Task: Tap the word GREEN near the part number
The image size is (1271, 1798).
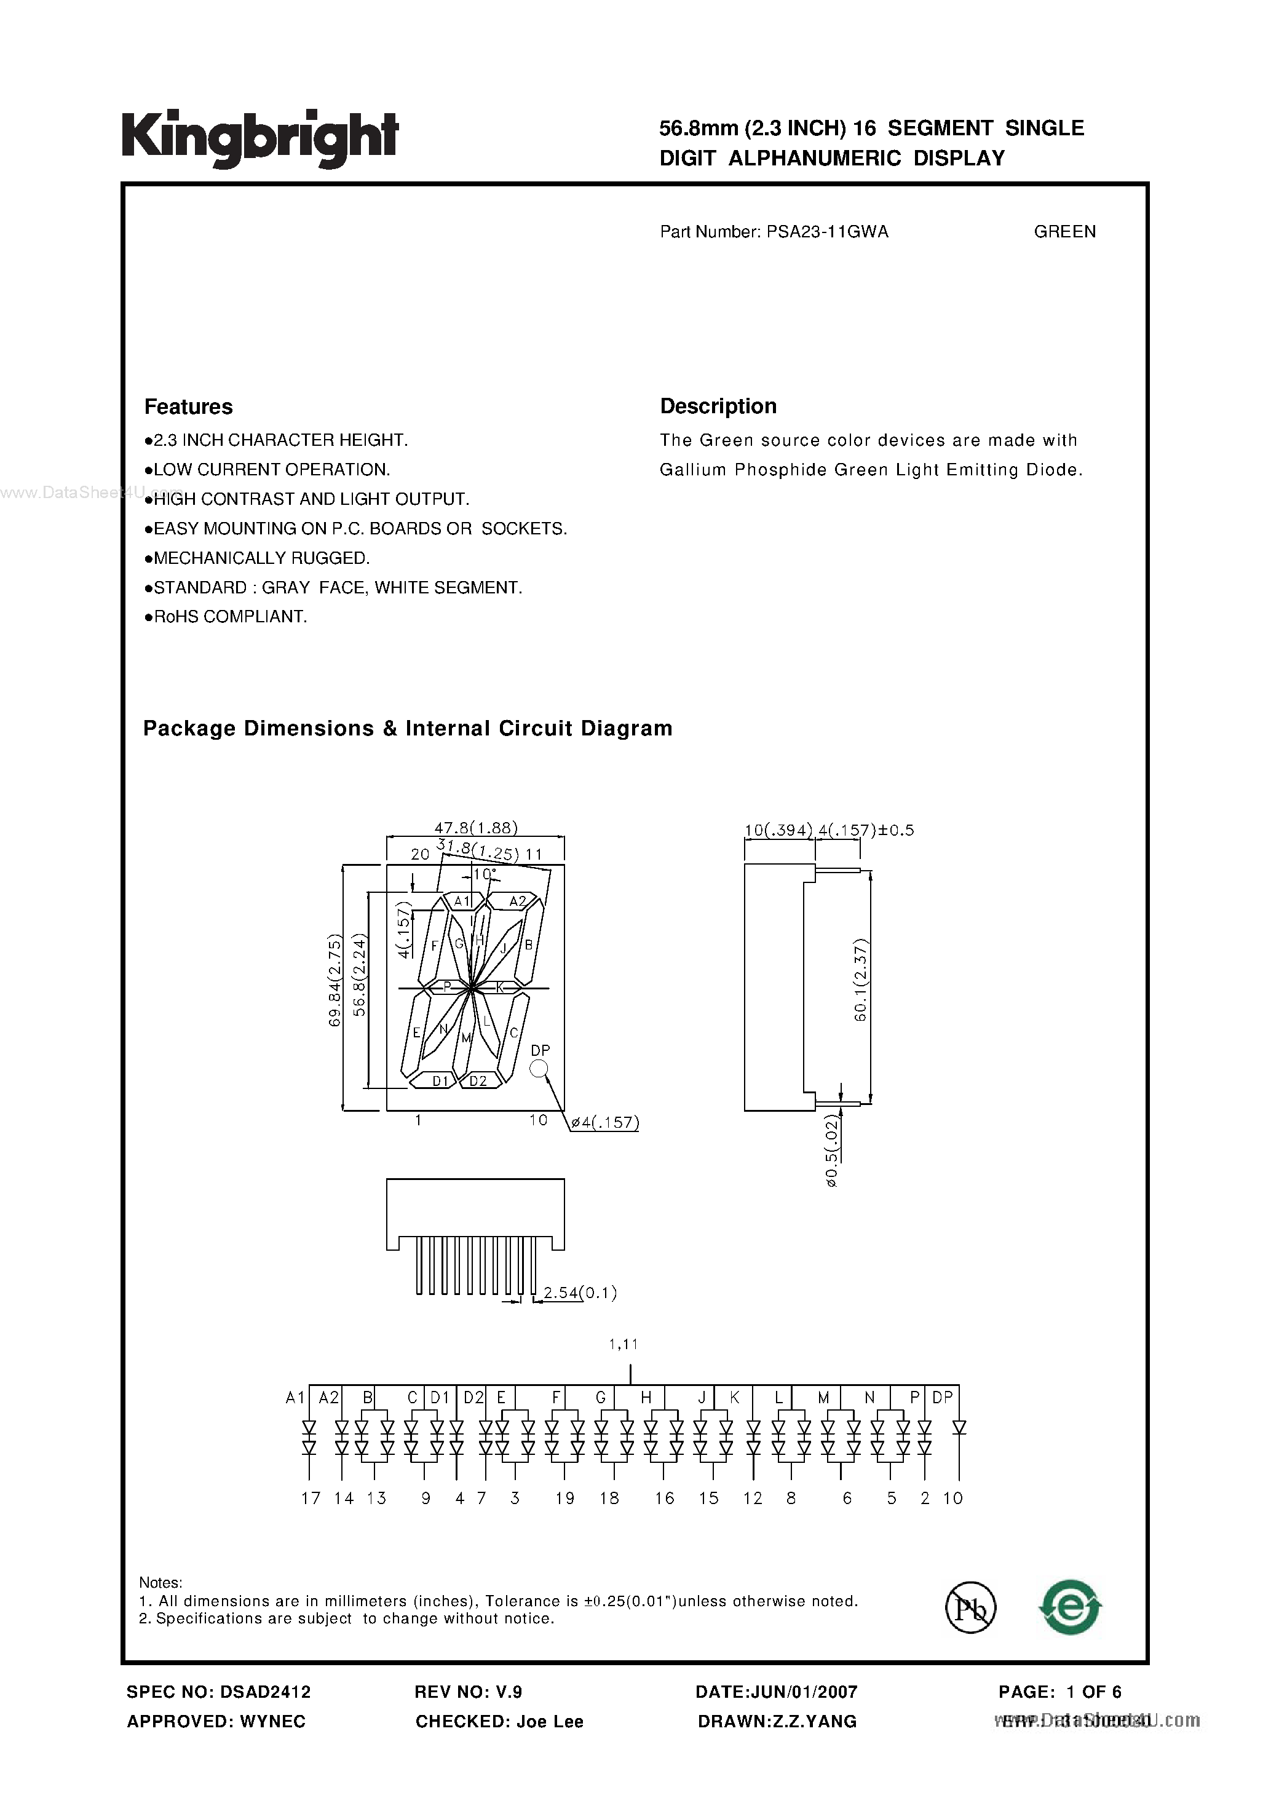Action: pyautogui.click(x=1064, y=232)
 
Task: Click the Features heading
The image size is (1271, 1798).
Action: pyautogui.click(x=189, y=407)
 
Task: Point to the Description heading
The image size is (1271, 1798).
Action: pyautogui.click(x=718, y=406)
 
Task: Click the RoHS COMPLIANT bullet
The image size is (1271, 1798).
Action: pyautogui.click(x=229, y=617)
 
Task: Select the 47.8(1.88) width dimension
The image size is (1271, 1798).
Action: pyautogui.click(x=475, y=828)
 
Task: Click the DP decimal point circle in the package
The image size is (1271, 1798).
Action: pyautogui.click(x=539, y=1068)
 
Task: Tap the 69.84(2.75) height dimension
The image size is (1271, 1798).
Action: pyautogui.click(x=335, y=980)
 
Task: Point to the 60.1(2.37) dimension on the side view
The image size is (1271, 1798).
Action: pyautogui.click(x=861, y=980)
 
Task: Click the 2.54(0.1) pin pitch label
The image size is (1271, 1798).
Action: pyautogui.click(x=579, y=1293)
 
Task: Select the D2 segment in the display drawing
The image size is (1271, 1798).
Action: pyautogui.click(x=478, y=1080)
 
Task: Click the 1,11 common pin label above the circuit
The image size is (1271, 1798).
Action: pyautogui.click(x=624, y=1345)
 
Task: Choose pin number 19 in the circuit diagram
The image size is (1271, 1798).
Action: pyautogui.click(x=564, y=1498)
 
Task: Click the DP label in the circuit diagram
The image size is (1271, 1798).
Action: pyautogui.click(x=942, y=1397)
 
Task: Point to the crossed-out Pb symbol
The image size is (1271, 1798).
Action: pyautogui.click(x=970, y=1608)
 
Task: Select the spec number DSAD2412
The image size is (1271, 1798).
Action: pyautogui.click(x=264, y=1692)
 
